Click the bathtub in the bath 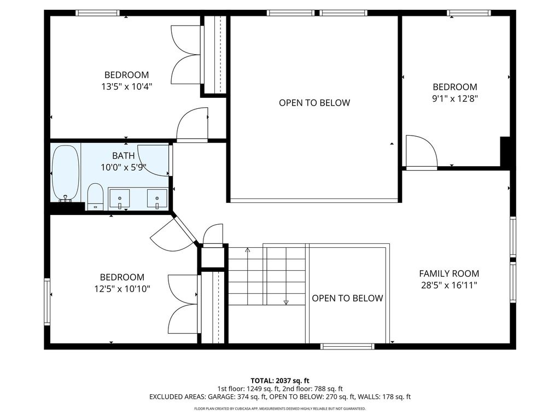(x=66, y=173)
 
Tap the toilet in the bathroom (x=95, y=196)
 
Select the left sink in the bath (x=119, y=199)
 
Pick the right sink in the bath (x=157, y=199)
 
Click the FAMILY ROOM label (x=449, y=273)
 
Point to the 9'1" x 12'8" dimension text (x=455, y=98)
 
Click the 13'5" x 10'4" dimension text (x=127, y=86)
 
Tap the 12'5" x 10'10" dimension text (x=122, y=289)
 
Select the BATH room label (x=123, y=156)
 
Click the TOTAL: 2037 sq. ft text (x=279, y=381)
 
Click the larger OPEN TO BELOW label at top (x=314, y=103)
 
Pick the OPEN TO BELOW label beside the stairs (x=347, y=298)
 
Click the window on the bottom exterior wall (x=347, y=346)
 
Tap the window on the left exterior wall (x=47, y=302)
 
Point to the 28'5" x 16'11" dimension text (x=449, y=285)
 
